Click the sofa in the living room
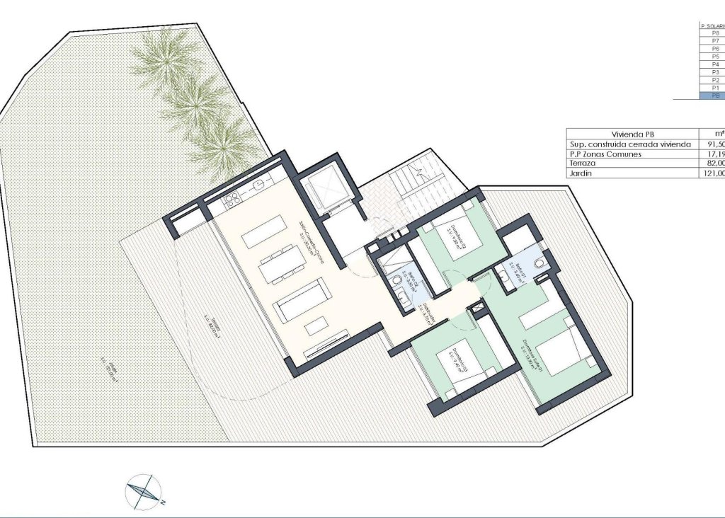click(300, 298)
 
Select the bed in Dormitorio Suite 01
click(561, 352)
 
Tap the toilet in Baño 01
click(540, 263)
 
